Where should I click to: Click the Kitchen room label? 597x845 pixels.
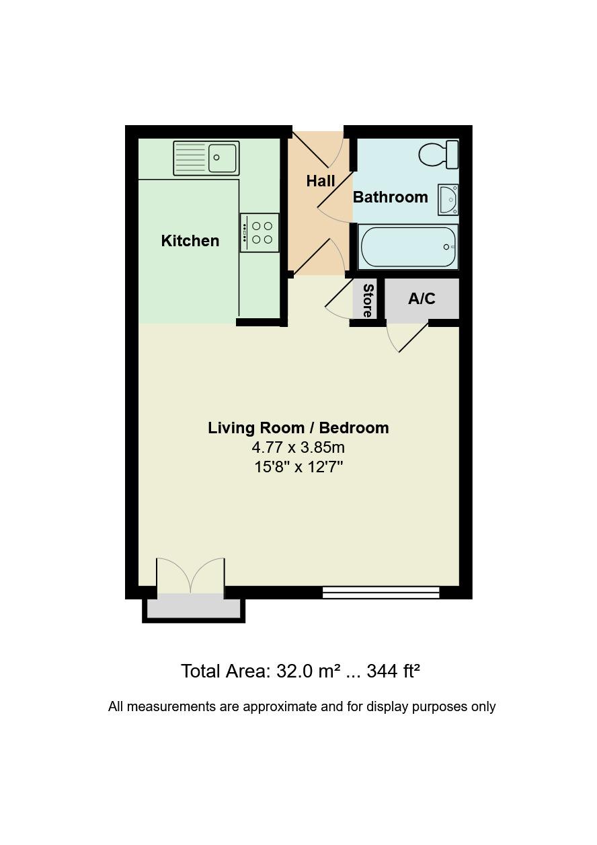(190, 241)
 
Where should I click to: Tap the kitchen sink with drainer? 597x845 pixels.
(206, 158)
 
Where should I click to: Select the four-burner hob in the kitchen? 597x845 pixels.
(260, 233)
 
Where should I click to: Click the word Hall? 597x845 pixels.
(321, 181)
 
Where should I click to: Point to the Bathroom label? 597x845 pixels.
(390, 197)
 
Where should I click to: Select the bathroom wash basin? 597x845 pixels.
(448, 199)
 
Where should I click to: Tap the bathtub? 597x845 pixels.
(408, 247)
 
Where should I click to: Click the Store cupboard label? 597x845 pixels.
(368, 300)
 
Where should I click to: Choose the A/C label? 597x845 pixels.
(422, 299)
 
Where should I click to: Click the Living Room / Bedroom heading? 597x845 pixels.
(298, 428)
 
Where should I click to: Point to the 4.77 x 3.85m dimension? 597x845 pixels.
(298, 447)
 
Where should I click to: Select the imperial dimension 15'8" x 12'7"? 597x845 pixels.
(298, 466)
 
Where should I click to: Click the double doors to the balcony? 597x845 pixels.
(190, 577)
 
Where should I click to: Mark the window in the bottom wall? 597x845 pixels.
(381, 593)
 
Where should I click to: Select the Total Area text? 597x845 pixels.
(300, 671)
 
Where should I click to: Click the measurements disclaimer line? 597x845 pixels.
(302, 706)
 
